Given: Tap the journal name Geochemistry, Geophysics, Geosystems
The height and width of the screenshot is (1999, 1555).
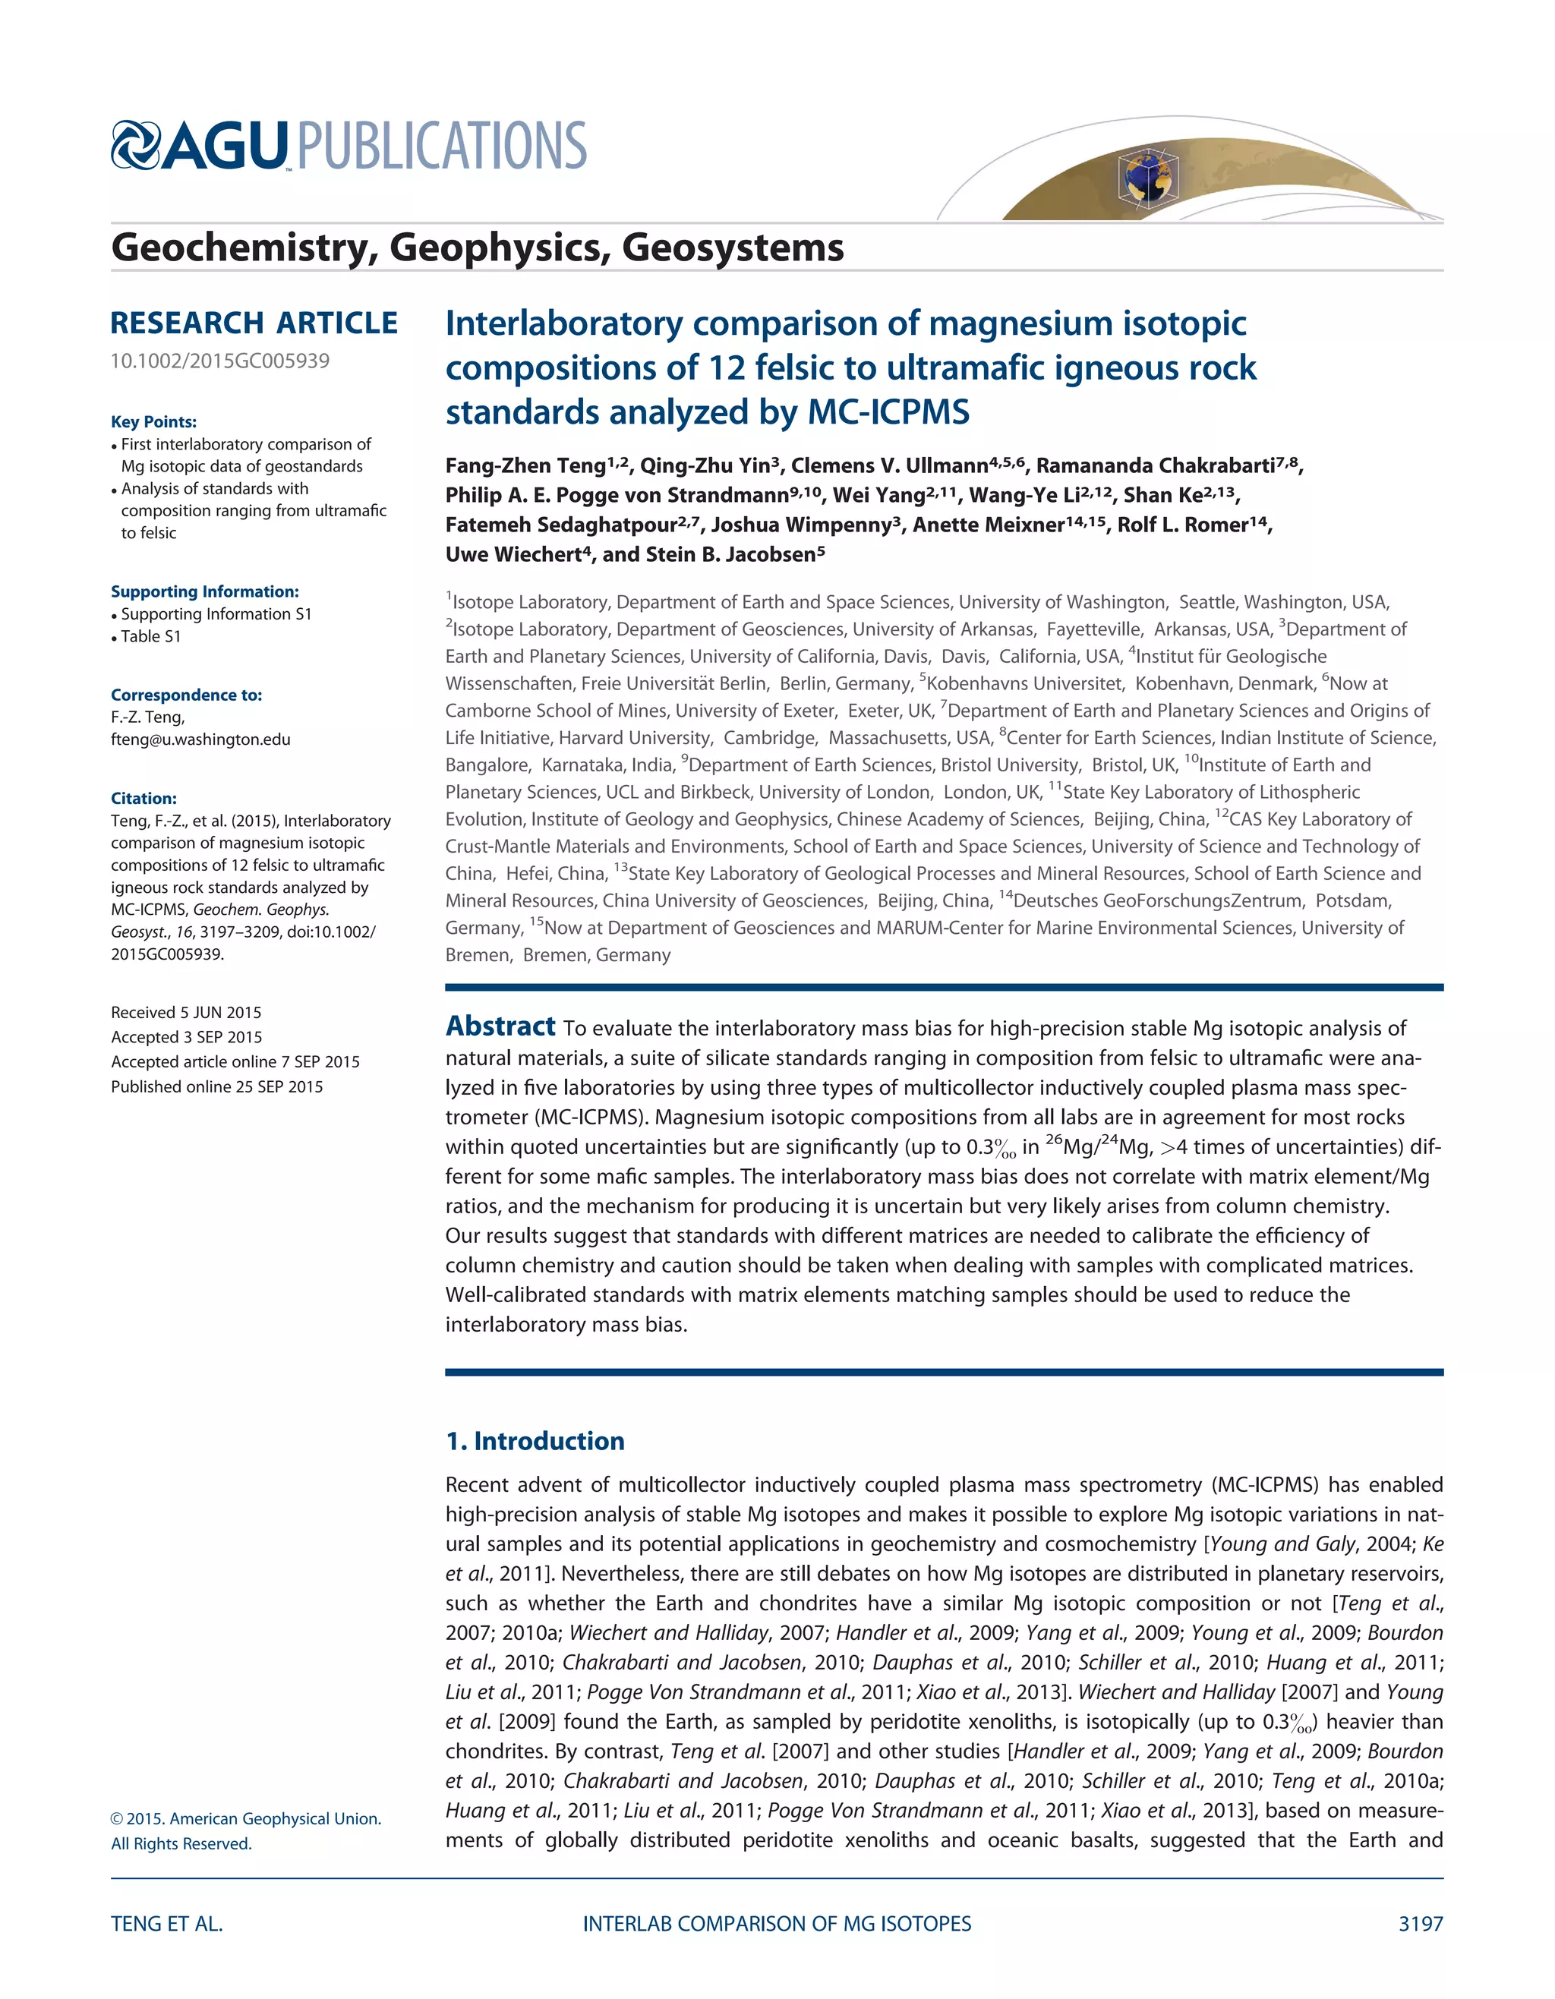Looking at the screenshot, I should [x=477, y=248].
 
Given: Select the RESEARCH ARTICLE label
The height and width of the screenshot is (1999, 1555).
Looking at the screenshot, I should [x=254, y=323].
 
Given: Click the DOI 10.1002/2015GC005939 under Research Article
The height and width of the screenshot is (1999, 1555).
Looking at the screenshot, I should [x=219, y=361].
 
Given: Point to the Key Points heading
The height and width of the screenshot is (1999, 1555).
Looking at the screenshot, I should [x=154, y=422].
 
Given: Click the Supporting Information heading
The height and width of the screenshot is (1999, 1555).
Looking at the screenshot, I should [x=205, y=592].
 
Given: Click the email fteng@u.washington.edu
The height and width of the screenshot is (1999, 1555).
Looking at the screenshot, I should [x=200, y=739].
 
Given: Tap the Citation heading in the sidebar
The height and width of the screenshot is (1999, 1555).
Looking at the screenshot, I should [x=144, y=798].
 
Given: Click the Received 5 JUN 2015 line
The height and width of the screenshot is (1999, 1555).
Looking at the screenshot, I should [x=186, y=1012].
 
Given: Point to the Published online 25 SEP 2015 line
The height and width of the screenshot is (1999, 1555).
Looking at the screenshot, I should [x=217, y=1086].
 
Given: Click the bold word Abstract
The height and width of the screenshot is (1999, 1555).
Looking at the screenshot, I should [x=500, y=1027].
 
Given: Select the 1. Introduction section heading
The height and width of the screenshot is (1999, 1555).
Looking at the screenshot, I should [x=535, y=1442].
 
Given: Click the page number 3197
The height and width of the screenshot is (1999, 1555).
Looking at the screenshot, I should [x=1421, y=1924].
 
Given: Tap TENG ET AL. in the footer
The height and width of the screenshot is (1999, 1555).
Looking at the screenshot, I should [x=166, y=1924].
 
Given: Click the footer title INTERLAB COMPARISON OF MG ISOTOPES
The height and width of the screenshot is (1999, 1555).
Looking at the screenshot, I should [x=777, y=1924].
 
